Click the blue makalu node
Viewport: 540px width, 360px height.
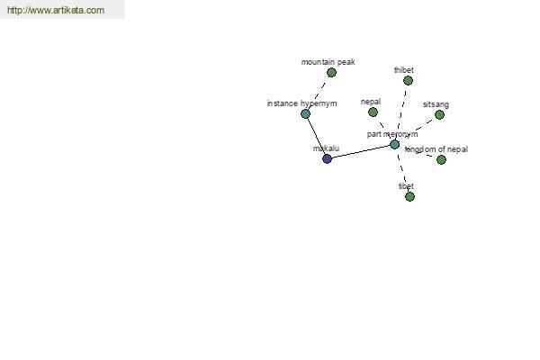[x=327, y=158]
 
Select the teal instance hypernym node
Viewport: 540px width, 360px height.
[x=305, y=113]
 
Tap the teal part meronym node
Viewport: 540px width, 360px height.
[x=395, y=144]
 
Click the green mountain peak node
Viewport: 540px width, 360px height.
[x=331, y=72]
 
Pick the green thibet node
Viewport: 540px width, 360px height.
[x=408, y=81]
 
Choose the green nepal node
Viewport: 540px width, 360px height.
[x=373, y=112]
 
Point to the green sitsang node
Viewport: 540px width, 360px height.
[x=439, y=114]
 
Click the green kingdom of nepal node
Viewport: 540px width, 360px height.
[x=441, y=159]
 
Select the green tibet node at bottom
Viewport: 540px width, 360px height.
[x=409, y=197]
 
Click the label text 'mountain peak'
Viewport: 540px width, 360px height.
[x=328, y=62]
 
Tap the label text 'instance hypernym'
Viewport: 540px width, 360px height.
[x=302, y=103]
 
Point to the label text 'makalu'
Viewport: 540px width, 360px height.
[x=326, y=148]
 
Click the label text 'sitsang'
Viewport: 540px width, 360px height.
[x=436, y=104]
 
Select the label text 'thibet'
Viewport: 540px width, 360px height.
[x=403, y=70]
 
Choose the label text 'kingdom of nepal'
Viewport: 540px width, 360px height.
[x=436, y=149]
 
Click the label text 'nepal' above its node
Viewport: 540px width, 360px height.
[x=371, y=102]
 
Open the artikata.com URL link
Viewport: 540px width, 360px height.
[x=56, y=10]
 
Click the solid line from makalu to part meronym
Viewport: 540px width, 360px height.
[x=361, y=151]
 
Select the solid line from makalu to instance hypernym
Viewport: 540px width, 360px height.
[x=316, y=136]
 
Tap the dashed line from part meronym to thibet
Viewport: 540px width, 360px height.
[x=401, y=112]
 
